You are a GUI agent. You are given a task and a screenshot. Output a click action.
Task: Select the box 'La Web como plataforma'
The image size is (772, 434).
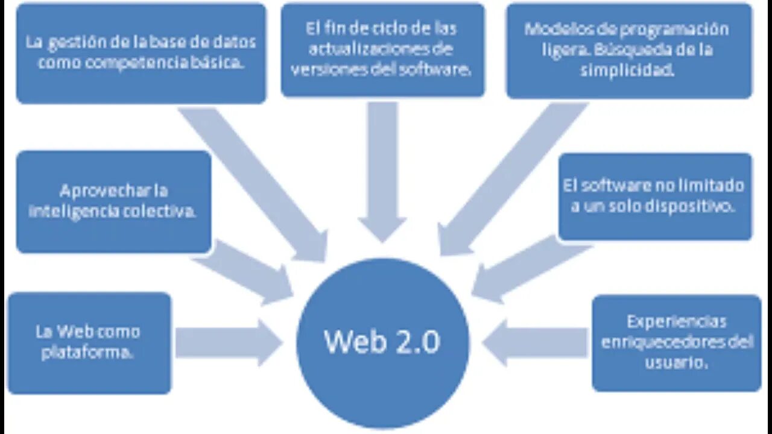tap(89, 342)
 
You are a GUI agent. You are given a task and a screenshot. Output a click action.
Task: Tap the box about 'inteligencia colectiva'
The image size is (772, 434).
tap(113, 201)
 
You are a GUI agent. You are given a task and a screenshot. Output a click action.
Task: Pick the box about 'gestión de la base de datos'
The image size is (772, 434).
tap(141, 53)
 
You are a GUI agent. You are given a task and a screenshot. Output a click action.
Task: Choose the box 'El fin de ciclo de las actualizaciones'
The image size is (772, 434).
tap(382, 49)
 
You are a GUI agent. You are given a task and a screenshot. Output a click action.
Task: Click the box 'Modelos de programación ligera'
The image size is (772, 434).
tap(629, 51)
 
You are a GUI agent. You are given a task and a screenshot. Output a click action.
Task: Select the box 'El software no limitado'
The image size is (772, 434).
tap(655, 196)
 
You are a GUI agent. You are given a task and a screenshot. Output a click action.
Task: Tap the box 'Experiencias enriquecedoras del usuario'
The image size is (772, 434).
tap(676, 342)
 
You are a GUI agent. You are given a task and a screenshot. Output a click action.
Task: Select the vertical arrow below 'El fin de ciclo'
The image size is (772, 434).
tap(382, 169)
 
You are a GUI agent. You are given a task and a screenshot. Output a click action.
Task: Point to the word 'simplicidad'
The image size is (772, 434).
tap(627, 70)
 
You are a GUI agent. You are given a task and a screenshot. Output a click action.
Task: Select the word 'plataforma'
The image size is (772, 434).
tap(87, 353)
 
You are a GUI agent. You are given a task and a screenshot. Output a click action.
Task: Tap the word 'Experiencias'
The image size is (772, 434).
tap(676, 321)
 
